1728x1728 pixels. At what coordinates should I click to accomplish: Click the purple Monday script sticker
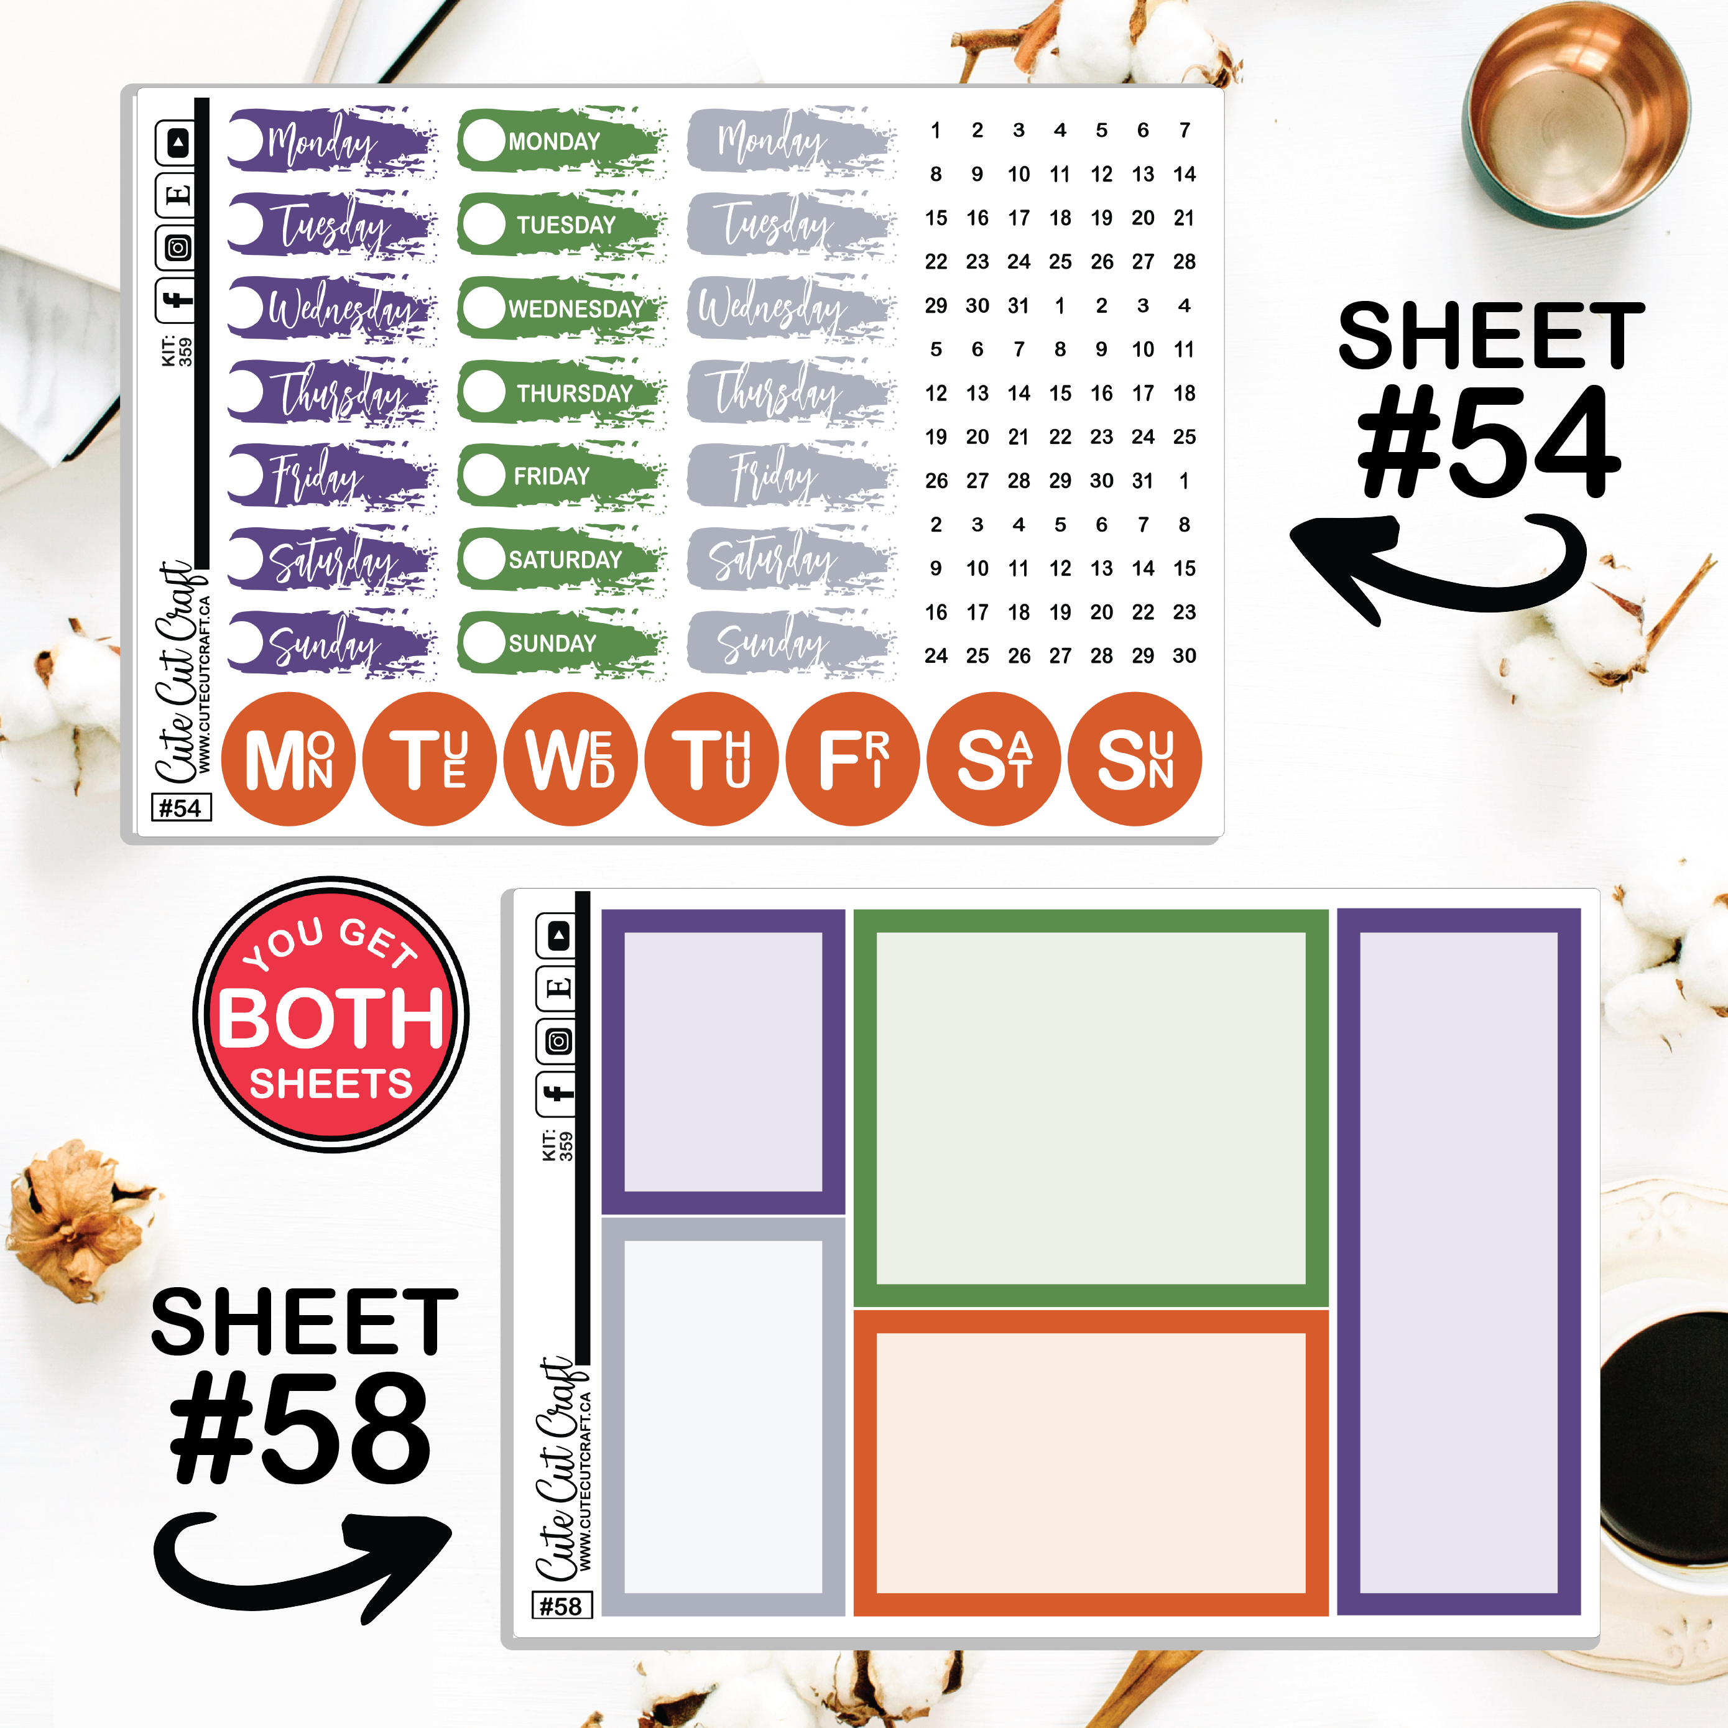pos(331,139)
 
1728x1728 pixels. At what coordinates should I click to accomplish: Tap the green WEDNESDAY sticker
pos(561,308)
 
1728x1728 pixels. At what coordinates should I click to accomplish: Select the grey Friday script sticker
pos(792,475)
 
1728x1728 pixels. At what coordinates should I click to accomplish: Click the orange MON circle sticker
pos(288,759)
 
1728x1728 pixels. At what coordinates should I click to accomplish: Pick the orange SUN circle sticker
pos(1135,759)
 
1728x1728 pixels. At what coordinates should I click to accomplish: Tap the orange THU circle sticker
pos(712,759)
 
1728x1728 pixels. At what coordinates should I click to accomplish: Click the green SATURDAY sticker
pos(561,559)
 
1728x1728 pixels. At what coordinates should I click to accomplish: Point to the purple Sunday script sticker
pos(331,642)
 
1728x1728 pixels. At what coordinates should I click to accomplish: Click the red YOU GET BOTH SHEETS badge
pos(331,1014)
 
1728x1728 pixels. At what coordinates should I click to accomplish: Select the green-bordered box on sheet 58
pos(1090,1108)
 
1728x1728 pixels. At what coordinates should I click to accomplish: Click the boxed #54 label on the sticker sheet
pos(182,808)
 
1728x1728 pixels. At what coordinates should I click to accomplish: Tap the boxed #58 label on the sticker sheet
pos(561,1606)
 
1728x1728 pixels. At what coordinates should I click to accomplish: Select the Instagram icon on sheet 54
pos(177,247)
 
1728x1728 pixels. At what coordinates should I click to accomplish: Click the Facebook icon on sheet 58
pos(557,1093)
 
